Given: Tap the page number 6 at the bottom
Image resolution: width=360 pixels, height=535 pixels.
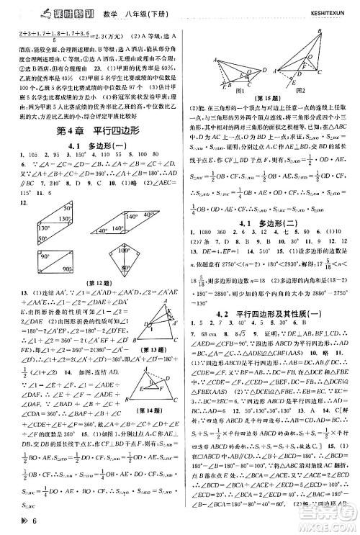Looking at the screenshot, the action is click(24, 525).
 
